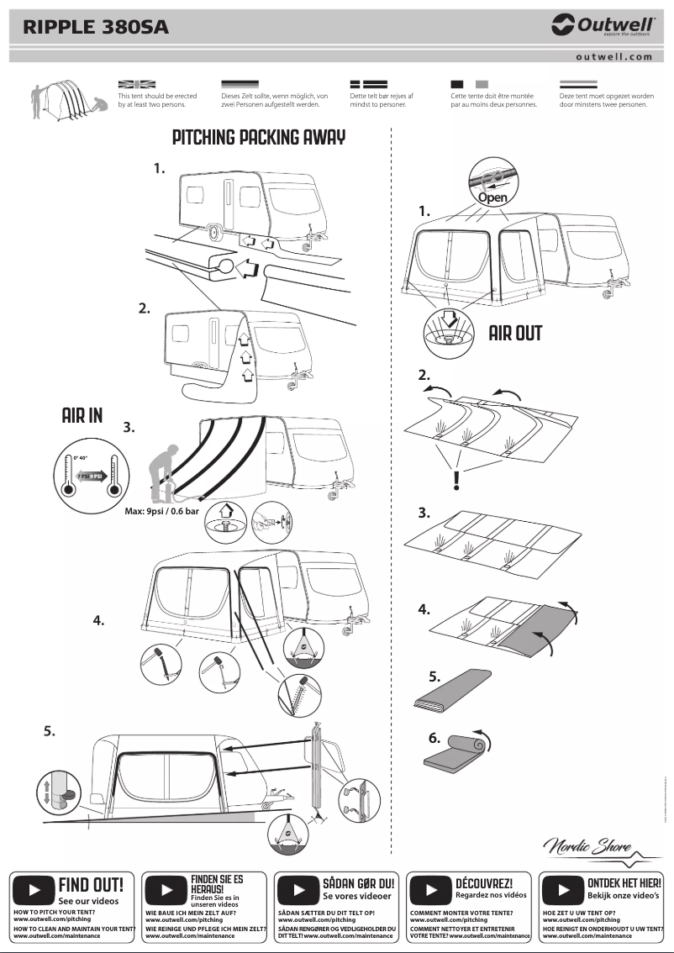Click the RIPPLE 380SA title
[96, 27]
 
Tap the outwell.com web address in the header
[613, 57]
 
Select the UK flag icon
[137, 85]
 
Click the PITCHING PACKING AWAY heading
[258, 137]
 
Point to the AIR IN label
[82, 416]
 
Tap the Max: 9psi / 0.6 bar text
[160, 511]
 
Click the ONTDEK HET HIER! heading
[624, 883]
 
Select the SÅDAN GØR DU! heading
[358, 884]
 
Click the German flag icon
[240, 85]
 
